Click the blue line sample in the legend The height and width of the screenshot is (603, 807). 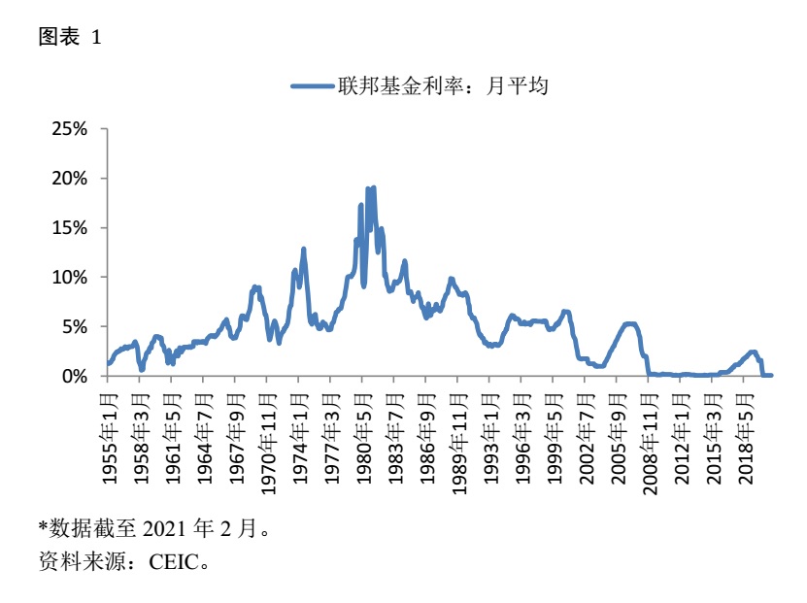(x=313, y=87)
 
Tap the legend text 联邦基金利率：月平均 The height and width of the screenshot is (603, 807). (x=444, y=87)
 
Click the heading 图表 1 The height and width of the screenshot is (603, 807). (x=69, y=37)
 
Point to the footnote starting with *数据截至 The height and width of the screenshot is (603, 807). (x=152, y=529)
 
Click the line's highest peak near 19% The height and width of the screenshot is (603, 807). (x=373, y=188)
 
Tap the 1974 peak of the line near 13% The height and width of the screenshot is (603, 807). (x=304, y=250)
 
